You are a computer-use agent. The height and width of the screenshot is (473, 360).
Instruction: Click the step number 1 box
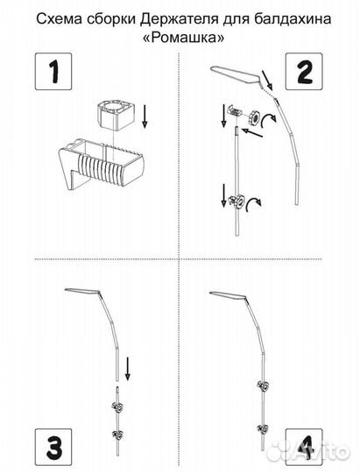click(53, 72)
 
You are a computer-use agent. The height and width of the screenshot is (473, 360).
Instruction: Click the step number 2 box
click(304, 72)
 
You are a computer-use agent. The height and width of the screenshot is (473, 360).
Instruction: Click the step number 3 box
click(53, 448)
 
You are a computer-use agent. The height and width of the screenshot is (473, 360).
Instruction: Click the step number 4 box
click(304, 448)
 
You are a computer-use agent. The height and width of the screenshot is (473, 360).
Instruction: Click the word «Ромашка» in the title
click(183, 38)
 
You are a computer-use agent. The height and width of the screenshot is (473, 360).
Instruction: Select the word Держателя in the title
click(180, 19)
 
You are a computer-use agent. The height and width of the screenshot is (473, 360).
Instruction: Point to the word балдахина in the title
click(292, 19)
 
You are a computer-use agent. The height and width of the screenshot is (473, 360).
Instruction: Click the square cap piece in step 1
click(115, 116)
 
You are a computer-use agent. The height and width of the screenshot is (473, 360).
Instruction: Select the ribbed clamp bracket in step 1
click(101, 162)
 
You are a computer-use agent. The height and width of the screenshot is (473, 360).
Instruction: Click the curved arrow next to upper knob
click(268, 121)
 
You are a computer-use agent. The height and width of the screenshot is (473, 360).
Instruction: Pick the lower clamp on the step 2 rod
click(236, 201)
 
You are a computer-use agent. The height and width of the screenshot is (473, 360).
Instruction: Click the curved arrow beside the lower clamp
click(253, 204)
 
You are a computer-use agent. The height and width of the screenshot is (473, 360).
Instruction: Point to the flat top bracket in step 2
click(236, 74)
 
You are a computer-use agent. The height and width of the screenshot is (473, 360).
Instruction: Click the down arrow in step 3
click(128, 368)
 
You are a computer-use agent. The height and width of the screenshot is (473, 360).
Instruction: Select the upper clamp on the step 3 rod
click(118, 407)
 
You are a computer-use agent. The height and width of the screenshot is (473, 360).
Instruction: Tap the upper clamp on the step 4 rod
click(263, 385)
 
